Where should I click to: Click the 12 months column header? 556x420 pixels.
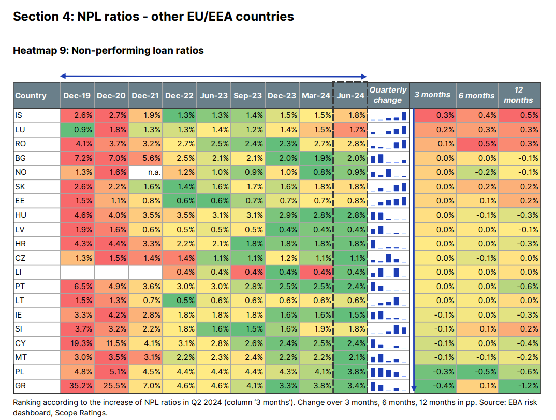(x=518, y=95)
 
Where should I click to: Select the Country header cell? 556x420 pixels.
(x=31, y=95)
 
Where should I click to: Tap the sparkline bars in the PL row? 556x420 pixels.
(x=388, y=372)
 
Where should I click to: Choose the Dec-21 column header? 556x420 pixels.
(x=145, y=95)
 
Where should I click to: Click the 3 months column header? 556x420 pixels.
(x=432, y=95)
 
